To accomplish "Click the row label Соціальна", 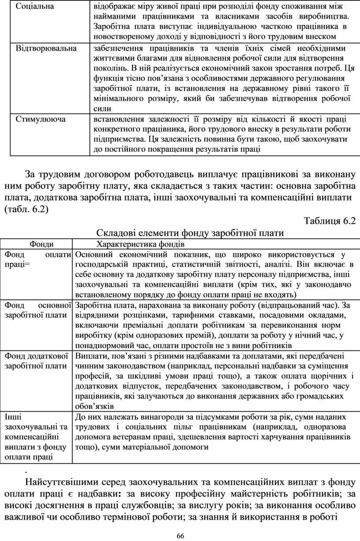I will [35, 7].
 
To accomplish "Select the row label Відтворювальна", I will [46, 48].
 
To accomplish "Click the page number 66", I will [180, 536].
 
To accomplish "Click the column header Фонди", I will [41, 244].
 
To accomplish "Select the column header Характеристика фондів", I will [140, 244].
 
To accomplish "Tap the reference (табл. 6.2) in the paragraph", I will [26, 209].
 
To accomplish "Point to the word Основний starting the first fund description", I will [94, 254].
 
